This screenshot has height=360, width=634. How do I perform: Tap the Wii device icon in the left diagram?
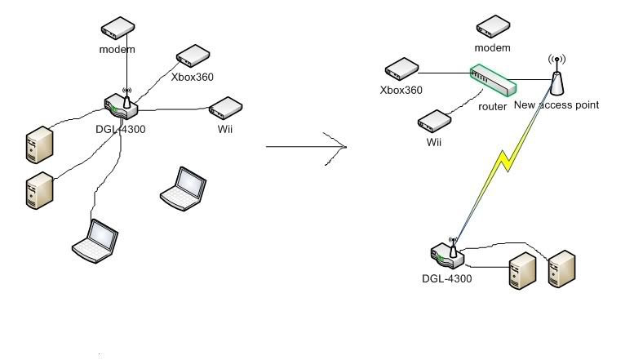[224, 108]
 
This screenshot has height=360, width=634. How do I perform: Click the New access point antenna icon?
[557, 78]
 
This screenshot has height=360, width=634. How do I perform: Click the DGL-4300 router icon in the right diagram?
[447, 255]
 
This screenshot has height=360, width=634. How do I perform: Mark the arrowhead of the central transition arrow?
[343, 147]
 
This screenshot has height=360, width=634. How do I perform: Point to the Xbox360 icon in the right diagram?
[401, 69]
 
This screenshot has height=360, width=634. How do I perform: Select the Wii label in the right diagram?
[433, 142]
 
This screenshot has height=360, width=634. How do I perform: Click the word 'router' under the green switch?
[493, 107]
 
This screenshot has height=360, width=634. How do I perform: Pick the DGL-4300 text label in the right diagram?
[446, 278]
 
